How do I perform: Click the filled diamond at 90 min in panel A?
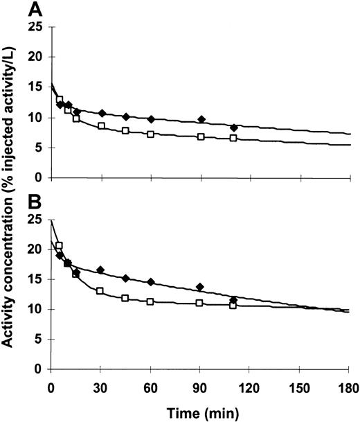click(x=201, y=119)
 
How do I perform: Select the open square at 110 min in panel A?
click(x=233, y=139)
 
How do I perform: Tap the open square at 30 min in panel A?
click(x=101, y=126)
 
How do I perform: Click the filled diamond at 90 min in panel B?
click(x=200, y=287)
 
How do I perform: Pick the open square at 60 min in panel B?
click(x=150, y=302)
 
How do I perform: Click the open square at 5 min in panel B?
click(x=60, y=246)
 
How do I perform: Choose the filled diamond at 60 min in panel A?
click(x=151, y=119)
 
